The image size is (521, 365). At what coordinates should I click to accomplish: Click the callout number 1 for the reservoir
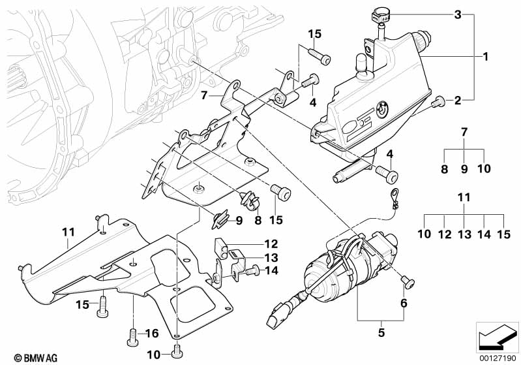[485, 57]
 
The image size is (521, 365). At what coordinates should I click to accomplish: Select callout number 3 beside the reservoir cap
[458, 14]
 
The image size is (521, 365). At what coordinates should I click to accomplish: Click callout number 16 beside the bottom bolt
[151, 334]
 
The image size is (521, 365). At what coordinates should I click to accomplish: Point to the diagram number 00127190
[499, 357]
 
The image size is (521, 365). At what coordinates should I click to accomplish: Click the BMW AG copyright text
[24, 357]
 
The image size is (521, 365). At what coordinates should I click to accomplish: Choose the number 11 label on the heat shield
[70, 231]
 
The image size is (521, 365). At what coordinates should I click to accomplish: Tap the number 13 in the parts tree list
[464, 234]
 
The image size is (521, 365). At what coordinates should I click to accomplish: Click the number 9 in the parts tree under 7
[464, 168]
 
